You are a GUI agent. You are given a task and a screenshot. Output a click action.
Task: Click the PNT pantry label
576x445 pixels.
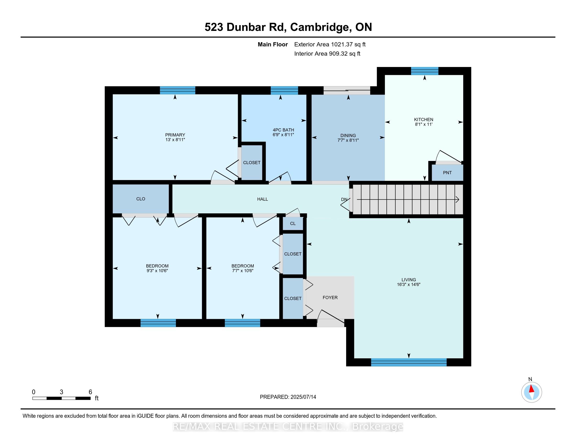447,173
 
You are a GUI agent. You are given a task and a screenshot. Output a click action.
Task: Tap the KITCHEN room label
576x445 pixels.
424,119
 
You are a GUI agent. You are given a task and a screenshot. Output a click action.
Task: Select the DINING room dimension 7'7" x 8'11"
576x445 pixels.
348,140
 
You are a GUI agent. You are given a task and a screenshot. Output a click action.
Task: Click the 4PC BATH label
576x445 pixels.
283,130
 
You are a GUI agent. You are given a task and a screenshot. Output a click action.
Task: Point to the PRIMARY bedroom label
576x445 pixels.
175,135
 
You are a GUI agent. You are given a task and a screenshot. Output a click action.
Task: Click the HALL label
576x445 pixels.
262,199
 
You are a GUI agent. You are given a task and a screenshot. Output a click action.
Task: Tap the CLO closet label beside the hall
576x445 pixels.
141,199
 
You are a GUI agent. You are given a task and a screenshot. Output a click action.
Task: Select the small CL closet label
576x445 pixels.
293,223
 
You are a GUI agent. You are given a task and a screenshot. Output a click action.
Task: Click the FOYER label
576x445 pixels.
330,297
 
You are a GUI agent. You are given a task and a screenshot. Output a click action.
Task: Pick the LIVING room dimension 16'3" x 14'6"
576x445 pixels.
408,285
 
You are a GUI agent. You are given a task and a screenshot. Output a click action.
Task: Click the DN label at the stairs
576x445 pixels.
344,199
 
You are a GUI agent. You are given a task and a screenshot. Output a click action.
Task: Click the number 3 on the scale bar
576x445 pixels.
62,392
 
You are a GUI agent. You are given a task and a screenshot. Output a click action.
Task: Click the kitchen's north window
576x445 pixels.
425,71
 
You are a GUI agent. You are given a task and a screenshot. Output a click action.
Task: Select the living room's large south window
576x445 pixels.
409,362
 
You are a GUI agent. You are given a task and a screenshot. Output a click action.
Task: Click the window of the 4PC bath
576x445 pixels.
284,90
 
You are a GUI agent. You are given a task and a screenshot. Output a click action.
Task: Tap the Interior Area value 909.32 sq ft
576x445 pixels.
345,53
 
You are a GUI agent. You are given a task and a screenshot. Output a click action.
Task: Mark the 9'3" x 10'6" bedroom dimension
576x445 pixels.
157,270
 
